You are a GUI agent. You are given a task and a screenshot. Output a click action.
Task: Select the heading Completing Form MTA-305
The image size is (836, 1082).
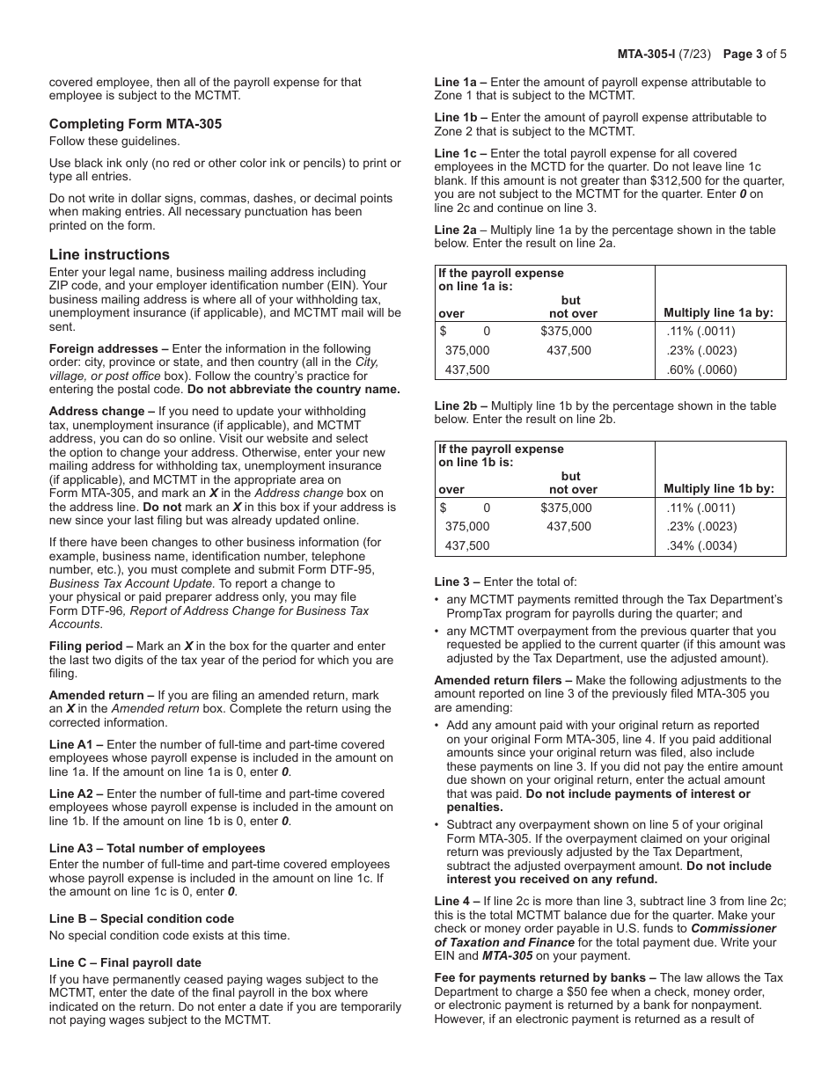[136, 124]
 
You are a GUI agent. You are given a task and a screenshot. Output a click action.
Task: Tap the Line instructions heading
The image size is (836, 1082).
[109, 255]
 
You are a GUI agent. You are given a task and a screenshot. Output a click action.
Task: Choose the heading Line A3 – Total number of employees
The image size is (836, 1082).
[157, 849]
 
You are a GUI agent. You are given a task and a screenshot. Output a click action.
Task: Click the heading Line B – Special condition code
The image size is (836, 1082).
[142, 919]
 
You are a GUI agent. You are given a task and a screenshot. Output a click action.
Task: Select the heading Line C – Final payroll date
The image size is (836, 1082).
[125, 963]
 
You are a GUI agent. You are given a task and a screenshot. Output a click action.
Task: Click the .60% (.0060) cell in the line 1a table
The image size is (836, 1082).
[701, 370]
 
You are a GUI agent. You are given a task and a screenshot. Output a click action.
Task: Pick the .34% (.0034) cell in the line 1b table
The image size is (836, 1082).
[701, 546]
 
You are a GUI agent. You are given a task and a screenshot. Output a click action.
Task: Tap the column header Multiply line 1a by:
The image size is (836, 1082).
[718, 313]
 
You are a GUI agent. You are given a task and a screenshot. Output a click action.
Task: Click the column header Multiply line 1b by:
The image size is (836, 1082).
[718, 489]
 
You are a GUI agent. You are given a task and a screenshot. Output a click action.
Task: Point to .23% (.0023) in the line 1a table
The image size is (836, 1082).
[701, 351]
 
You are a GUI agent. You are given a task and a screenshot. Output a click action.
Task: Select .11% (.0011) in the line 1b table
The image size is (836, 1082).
[701, 508]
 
